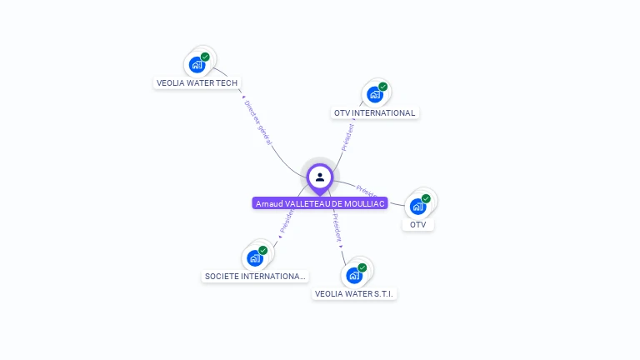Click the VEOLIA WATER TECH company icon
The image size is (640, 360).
[197, 64]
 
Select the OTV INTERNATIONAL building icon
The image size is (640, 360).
[375, 94]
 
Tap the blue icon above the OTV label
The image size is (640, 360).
[417, 206]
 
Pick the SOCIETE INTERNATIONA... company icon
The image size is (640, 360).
[255, 257]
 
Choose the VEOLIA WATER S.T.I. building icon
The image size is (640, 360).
[354, 275]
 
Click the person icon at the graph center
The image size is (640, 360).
[320, 177]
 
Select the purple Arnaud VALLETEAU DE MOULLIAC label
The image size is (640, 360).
[320, 203]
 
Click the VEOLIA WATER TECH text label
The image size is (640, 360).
[197, 82]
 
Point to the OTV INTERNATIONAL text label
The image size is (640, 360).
[374, 112]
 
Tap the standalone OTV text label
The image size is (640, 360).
[418, 224]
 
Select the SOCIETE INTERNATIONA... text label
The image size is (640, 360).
[255, 276]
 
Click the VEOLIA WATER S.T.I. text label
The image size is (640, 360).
[355, 293]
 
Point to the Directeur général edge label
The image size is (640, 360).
[258, 123]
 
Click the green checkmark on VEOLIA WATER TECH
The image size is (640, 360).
[205, 57]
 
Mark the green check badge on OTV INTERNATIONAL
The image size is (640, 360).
[383, 87]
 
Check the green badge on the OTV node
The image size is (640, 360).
[426, 198]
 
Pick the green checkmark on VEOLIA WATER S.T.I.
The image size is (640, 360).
[362, 267]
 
